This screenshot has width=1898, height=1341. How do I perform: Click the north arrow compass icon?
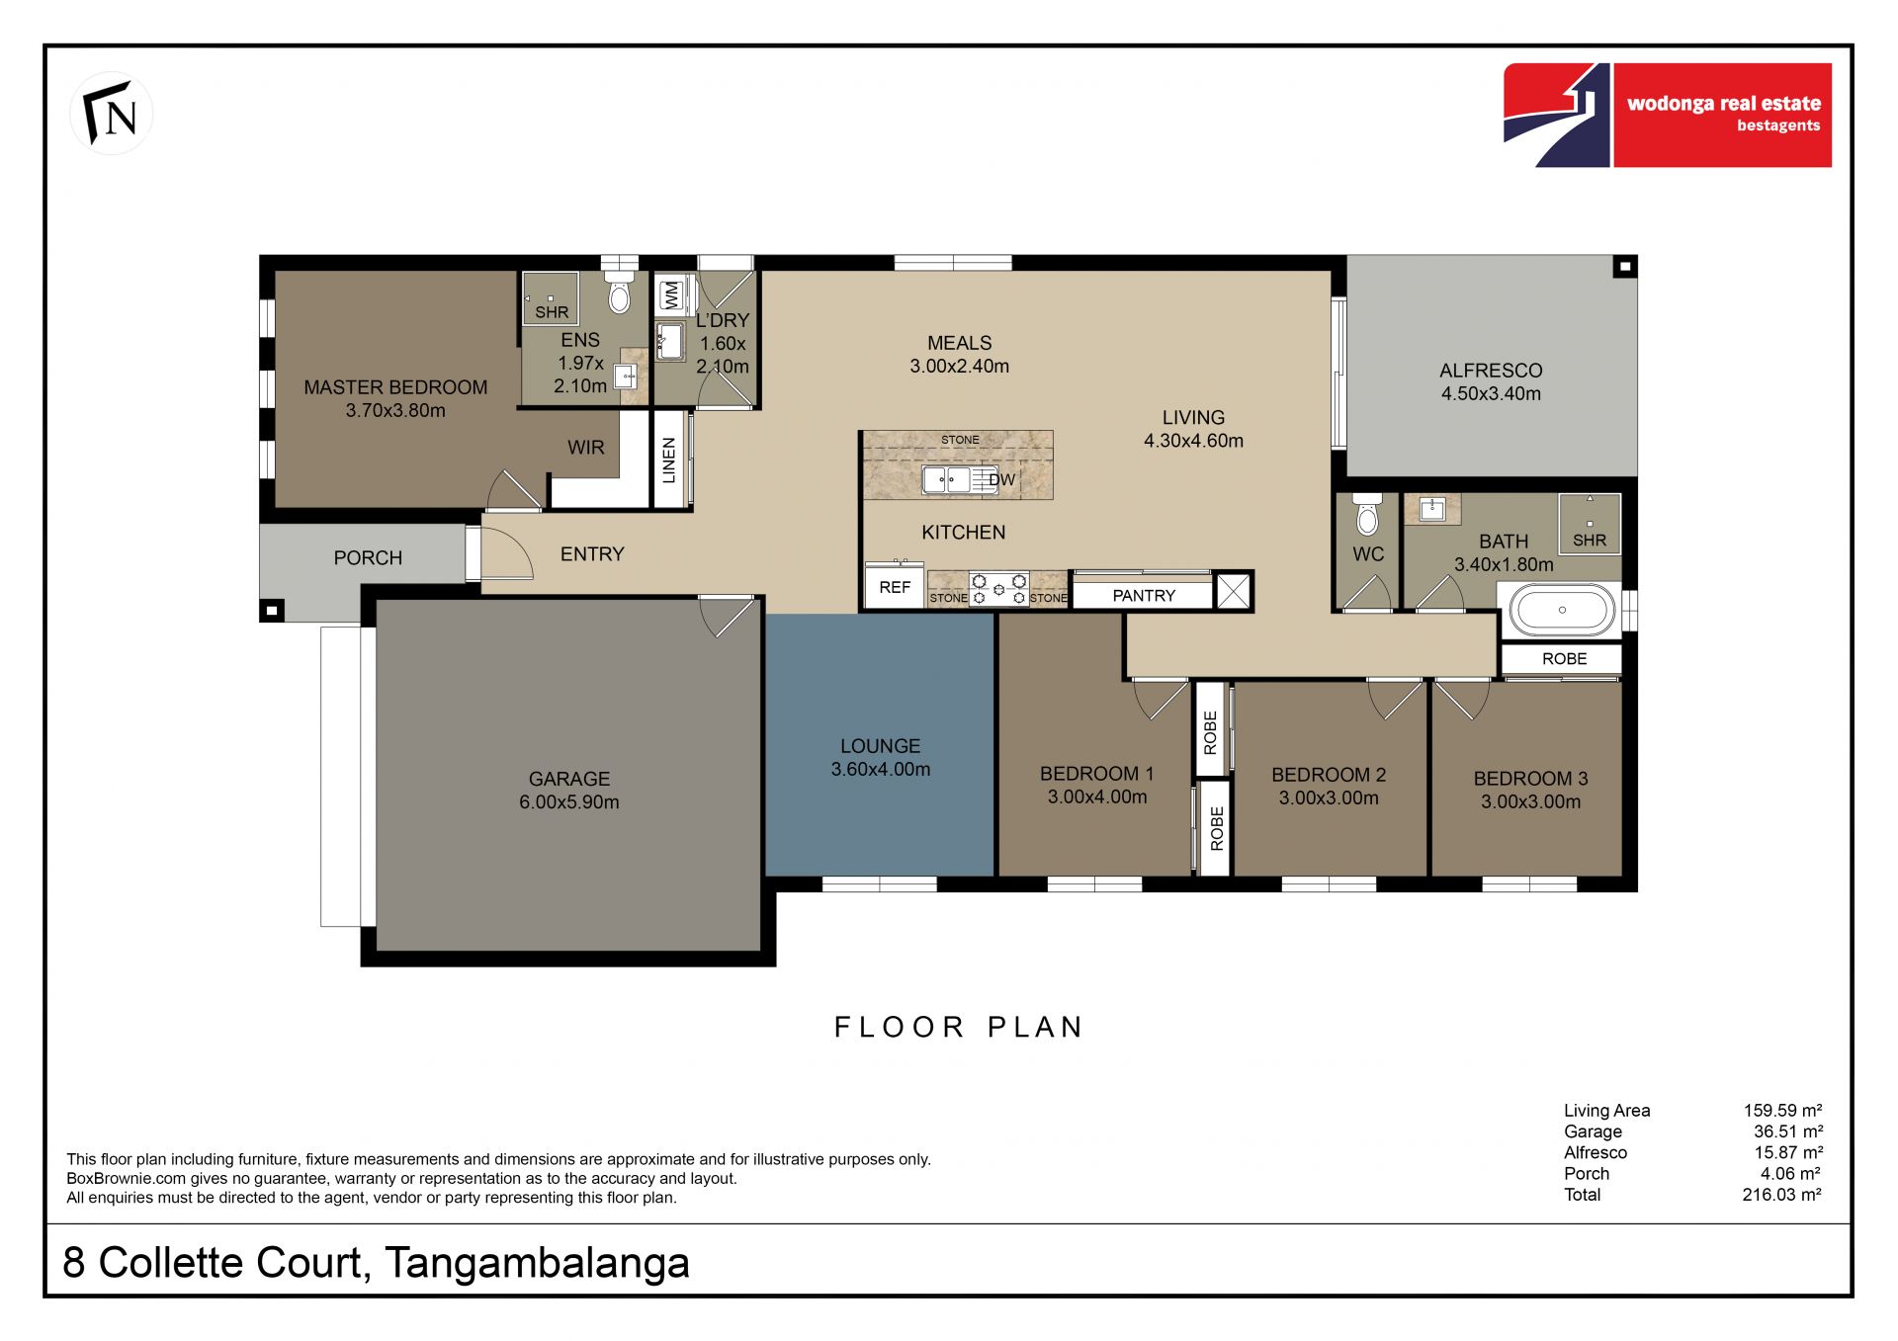pyautogui.click(x=111, y=114)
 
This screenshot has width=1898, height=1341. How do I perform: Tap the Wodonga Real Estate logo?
pyautogui.click(x=1667, y=115)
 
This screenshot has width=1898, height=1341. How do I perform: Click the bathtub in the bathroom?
pyautogui.click(x=1562, y=610)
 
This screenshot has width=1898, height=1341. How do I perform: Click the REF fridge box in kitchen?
pyautogui.click(x=895, y=587)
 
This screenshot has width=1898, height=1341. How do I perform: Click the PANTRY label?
pyautogui.click(x=1144, y=596)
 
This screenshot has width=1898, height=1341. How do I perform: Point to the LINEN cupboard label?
pyautogui.click(x=669, y=461)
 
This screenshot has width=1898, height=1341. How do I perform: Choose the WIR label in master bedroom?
pyautogui.click(x=586, y=448)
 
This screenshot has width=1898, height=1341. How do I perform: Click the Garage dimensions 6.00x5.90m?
pyautogui.click(x=569, y=802)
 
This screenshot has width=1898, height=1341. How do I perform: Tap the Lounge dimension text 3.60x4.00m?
pyautogui.click(x=881, y=770)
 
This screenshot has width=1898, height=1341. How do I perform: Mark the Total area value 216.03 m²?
pyautogui.click(x=1781, y=1195)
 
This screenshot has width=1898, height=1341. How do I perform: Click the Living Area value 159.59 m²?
pyautogui.click(x=1782, y=1111)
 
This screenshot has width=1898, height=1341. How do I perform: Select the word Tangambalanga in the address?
pyautogui.click(x=537, y=1264)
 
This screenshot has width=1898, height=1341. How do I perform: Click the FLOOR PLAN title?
pyautogui.click(x=959, y=1028)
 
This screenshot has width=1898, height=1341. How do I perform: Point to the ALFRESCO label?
pyautogui.click(x=1491, y=371)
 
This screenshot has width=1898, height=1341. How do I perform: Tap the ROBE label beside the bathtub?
pyautogui.click(x=1564, y=659)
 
